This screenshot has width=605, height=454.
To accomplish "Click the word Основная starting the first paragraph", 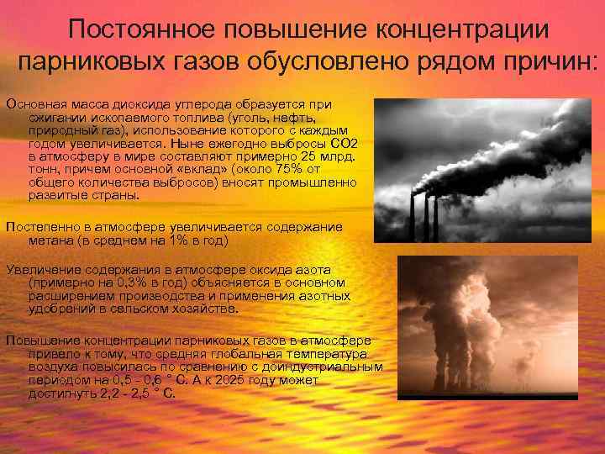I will [x=34, y=104].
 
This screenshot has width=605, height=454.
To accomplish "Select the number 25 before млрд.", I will [x=311, y=157].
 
